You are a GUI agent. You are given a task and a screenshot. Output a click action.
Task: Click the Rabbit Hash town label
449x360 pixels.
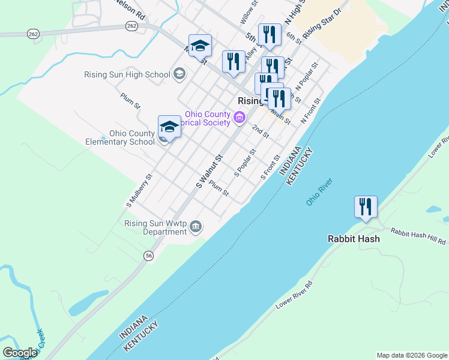tap(354, 239)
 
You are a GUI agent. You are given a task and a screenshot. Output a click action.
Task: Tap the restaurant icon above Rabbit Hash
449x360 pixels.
tap(366, 208)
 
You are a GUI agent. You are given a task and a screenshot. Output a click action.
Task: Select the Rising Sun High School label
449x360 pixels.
tap(127, 75)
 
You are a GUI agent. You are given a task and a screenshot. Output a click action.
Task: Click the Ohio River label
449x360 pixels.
tap(319, 192)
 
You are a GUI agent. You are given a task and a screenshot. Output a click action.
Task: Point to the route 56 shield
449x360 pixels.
tap(148, 256)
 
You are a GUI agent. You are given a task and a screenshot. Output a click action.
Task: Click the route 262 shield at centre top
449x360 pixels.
tap(132, 26)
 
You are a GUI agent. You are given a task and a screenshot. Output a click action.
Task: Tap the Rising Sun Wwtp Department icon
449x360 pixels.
tap(195, 226)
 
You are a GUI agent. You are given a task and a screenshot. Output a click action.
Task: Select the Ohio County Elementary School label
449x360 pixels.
tap(131, 137)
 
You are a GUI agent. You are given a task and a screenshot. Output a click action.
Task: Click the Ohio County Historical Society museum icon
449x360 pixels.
tap(240, 117)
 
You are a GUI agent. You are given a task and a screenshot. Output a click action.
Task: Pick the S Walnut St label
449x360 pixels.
tap(209, 171)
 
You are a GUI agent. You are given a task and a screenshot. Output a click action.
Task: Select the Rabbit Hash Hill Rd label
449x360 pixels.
tap(418, 236)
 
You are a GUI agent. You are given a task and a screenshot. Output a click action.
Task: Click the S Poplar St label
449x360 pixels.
tap(245, 163)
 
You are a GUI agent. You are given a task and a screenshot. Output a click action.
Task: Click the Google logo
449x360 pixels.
tap(20, 353)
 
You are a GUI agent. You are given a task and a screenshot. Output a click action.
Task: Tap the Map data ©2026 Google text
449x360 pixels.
tap(412, 355)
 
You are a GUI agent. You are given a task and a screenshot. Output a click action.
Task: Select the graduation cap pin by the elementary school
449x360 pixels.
tap(169, 127)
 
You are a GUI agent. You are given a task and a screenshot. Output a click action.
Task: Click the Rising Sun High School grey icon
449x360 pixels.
tap(179, 74)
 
